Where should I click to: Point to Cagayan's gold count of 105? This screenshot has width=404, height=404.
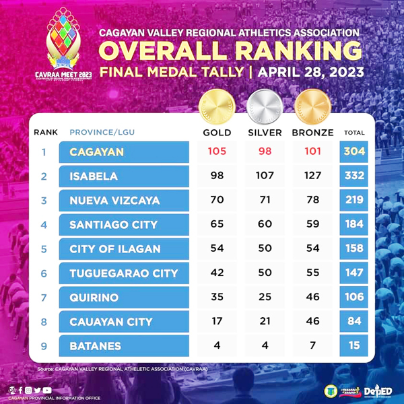pos(217,151)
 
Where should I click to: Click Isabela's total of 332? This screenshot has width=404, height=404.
pos(354,176)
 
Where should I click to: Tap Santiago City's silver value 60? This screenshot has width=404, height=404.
pos(264,225)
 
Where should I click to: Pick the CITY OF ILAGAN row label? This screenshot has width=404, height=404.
pos(115,249)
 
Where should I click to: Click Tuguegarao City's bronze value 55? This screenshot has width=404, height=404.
pos(312,273)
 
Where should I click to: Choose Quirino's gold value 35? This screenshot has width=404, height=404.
pos(217,298)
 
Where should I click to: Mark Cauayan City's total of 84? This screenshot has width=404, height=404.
pos(354,322)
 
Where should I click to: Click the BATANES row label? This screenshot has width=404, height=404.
pos(96,346)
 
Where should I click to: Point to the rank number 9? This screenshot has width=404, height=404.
pos(44,346)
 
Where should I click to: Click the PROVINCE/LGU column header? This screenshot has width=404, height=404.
pos(102,133)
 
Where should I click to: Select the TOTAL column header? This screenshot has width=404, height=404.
pos(354,133)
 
